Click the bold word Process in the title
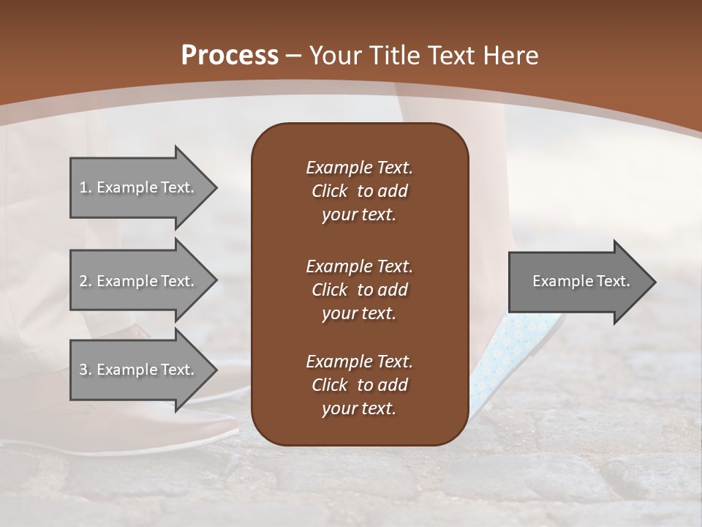pyautogui.click(x=230, y=56)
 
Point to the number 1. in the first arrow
pyautogui.click(x=86, y=187)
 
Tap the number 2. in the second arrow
pyautogui.click(x=86, y=281)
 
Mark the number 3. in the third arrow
pyautogui.click(x=86, y=370)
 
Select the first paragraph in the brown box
pyautogui.click(x=359, y=191)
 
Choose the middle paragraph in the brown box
pyautogui.click(x=359, y=290)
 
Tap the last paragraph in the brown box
pyautogui.click(x=359, y=385)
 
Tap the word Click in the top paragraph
pyautogui.click(x=330, y=191)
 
